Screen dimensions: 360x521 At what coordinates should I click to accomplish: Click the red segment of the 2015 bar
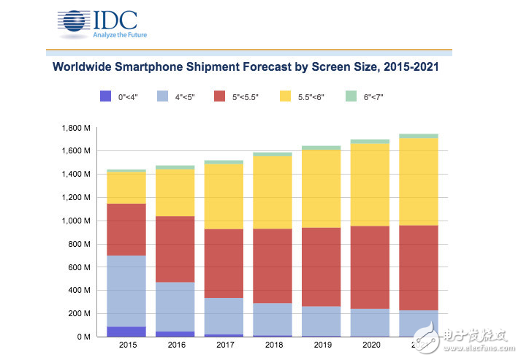126,229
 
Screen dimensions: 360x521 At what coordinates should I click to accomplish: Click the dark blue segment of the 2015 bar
126,332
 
